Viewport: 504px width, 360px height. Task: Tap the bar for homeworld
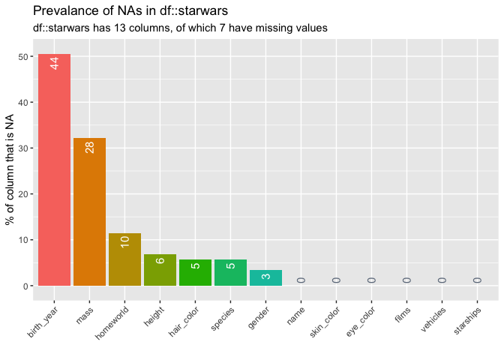pyautogui.click(x=124, y=259)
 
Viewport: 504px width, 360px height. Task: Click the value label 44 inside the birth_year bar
pyautogui.click(x=55, y=64)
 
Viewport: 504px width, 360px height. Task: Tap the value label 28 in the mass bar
pyautogui.click(x=90, y=147)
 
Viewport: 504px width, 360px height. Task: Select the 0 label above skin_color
pyautogui.click(x=336, y=280)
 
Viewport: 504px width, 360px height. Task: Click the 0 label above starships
pyautogui.click(x=477, y=280)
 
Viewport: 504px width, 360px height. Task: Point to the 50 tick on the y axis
pyautogui.click(x=25, y=57)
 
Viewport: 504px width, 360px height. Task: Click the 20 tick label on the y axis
pyautogui.click(x=25, y=194)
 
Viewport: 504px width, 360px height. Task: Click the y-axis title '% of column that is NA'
pyautogui.click(x=10, y=169)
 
